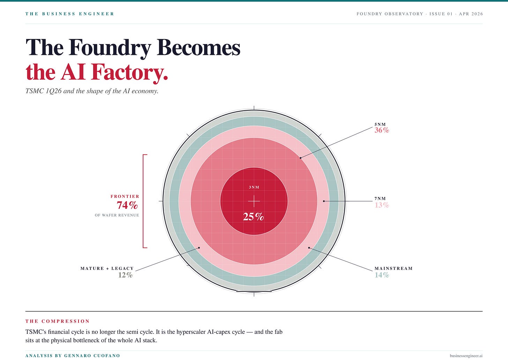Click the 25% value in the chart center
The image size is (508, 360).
tap(253, 217)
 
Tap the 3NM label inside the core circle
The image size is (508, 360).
tap(254, 187)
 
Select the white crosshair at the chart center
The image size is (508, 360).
tap(254, 201)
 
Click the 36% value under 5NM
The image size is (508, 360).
tap(382, 130)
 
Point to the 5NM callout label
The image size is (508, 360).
tap(380, 124)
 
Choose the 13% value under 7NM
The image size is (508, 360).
tap(382, 205)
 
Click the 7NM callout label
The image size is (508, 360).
tap(380, 199)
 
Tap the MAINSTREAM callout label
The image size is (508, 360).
tap(394, 268)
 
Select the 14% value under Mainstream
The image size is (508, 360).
tap(382, 275)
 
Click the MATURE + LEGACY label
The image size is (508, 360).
tap(107, 268)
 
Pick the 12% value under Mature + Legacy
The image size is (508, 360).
tap(125, 275)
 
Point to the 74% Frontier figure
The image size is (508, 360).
tap(127, 205)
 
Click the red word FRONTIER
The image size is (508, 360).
tap(125, 196)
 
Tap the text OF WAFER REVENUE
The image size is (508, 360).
tap(117, 215)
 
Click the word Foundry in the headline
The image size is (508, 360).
tap(110, 48)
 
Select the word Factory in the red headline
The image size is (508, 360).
tap(129, 72)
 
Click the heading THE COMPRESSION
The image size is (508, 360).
tap(58, 321)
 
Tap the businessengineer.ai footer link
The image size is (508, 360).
tap(466, 355)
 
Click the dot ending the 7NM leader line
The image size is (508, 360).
tap(324, 201)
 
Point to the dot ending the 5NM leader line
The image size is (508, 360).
tap(300, 158)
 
